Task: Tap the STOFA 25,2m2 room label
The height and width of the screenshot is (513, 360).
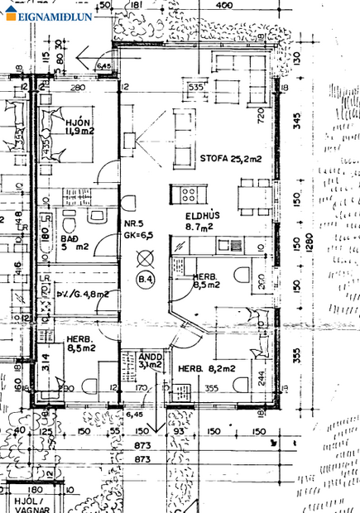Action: (x=230, y=158)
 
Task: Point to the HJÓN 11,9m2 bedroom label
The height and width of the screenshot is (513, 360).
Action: (x=80, y=126)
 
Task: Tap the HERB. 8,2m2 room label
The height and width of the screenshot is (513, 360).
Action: (x=207, y=368)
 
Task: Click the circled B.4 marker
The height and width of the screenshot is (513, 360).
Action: (x=146, y=280)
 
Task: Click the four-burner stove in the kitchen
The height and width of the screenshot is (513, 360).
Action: (x=189, y=195)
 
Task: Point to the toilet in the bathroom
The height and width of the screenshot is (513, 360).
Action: (x=70, y=223)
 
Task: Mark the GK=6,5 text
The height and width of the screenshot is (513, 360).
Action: (x=136, y=235)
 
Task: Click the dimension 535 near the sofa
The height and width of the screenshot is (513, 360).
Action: (x=195, y=86)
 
